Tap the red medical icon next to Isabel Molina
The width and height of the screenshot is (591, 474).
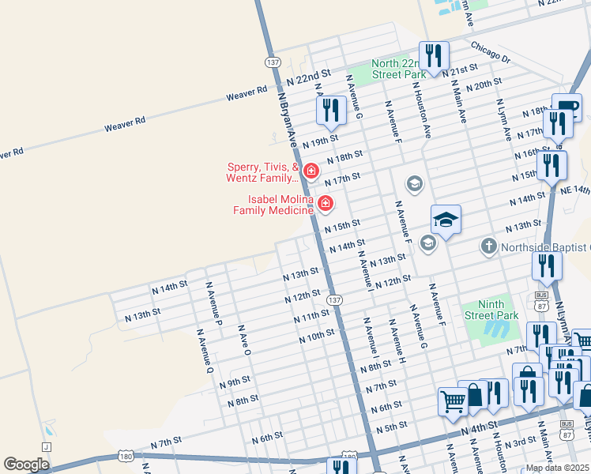tap(326, 205)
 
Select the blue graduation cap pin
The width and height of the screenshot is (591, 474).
tap(446, 220)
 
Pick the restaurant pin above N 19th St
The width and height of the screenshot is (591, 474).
tap(331, 110)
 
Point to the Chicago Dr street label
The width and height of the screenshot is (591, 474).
tap(491, 54)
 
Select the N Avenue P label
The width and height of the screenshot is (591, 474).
tap(213, 301)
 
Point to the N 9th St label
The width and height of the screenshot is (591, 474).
tap(235, 383)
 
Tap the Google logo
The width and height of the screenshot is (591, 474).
tap(27, 464)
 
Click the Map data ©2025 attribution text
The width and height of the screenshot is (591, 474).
tap(557, 468)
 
